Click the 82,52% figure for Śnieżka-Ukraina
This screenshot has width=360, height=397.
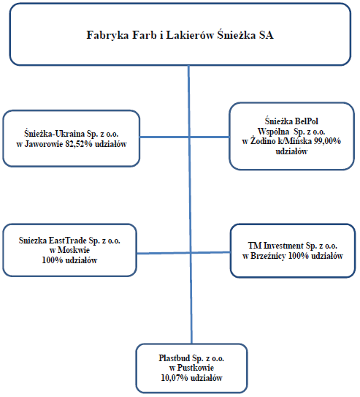78,144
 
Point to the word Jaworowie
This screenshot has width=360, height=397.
44,144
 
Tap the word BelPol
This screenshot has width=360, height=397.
305,121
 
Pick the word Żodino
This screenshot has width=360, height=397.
263,141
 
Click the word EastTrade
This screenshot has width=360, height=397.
67,241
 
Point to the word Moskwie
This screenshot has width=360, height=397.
74,250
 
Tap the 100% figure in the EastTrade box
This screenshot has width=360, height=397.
53,260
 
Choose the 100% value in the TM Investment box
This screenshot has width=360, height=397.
299,256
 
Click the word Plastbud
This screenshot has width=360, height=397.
175,358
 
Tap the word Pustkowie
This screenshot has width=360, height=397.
196,368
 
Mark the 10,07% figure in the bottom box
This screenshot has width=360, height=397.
175,378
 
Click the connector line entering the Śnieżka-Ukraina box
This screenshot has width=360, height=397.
164,137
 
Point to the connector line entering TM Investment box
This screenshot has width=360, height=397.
210,252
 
